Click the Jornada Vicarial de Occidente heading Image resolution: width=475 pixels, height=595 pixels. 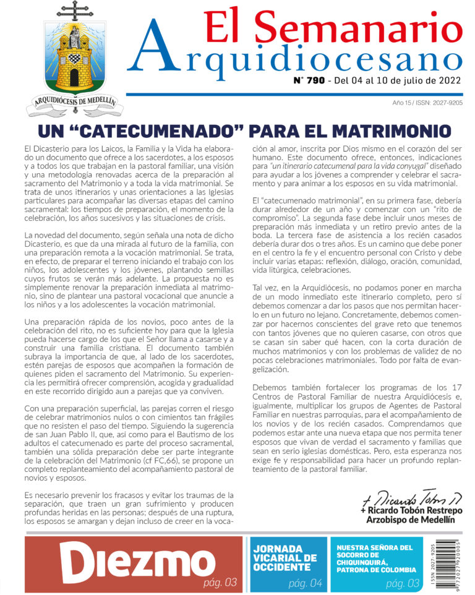(x=285, y=558)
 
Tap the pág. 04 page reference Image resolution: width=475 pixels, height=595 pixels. (x=306, y=583)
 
